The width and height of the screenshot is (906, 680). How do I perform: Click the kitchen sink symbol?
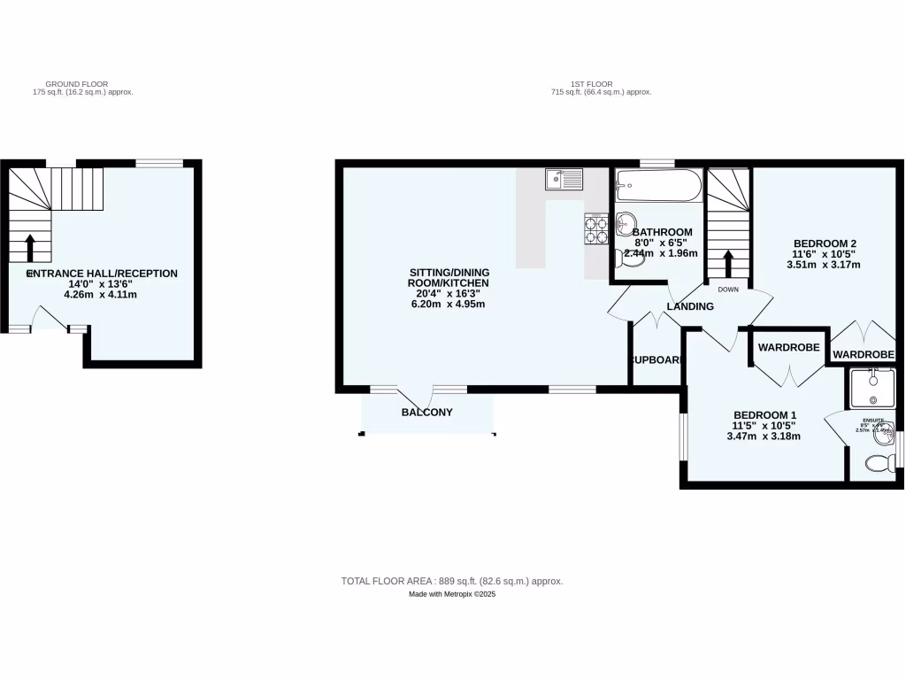click(x=564, y=180)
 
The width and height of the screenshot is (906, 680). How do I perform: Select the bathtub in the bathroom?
click(x=658, y=185)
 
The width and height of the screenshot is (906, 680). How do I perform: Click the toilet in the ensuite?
click(x=879, y=463)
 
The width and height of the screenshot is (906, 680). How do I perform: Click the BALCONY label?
click(x=426, y=413)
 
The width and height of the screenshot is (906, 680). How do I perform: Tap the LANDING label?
click(x=690, y=306)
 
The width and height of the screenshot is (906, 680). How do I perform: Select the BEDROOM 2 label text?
click(x=825, y=243)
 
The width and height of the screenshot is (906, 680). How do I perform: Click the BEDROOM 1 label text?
click(x=765, y=415)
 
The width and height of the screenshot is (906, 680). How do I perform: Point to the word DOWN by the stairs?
click(x=728, y=290)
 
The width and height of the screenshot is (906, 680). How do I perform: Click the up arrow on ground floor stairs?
click(x=31, y=248)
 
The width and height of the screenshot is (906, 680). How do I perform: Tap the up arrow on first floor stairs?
click(x=728, y=263)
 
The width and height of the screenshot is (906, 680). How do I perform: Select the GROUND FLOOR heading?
click(x=83, y=83)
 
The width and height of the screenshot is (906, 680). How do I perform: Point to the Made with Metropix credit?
click(x=452, y=595)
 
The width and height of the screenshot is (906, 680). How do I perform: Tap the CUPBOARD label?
click(x=656, y=360)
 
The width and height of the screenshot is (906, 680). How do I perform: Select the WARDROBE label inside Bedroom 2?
click(x=863, y=354)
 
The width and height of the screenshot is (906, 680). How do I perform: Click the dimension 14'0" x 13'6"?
click(x=101, y=284)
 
